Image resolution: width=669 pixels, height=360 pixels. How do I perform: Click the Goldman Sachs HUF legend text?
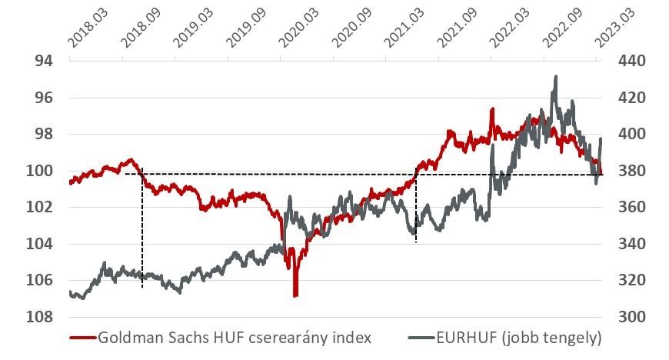[235, 338]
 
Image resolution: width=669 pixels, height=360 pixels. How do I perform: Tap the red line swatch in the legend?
[82, 338]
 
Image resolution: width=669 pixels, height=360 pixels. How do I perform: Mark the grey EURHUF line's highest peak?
[555, 77]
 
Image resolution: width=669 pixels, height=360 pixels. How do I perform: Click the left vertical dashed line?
[142, 231]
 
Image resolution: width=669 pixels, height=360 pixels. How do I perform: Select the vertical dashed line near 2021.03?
[416, 208]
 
